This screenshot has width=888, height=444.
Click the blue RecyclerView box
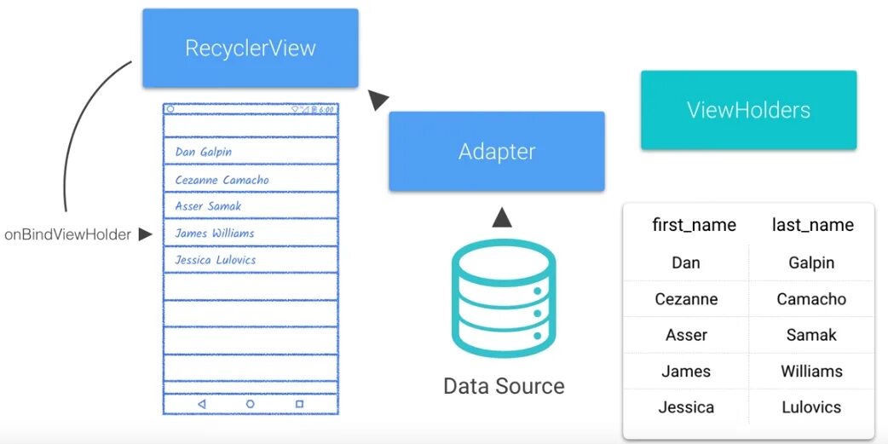point(250,48)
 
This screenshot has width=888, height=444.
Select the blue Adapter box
point(496,152)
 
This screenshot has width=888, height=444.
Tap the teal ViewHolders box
point(748,110)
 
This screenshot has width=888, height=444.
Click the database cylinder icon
point(503,298)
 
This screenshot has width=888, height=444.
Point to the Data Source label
point(504,386)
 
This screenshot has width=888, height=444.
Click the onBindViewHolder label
point(67,234)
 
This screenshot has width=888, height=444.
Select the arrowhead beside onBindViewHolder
point(145,234)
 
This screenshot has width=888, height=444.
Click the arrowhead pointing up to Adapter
point(502,218)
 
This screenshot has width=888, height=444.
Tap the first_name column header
point(694,225)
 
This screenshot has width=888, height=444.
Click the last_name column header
point(812,225)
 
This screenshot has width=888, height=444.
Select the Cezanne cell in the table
point(686,299)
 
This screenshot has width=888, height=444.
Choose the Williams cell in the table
point(811,371)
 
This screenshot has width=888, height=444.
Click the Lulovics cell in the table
point(811,407)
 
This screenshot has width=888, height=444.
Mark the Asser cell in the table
point(686,335)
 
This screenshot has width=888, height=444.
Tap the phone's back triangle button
point(202,404)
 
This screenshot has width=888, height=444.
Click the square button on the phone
point(299,404)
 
